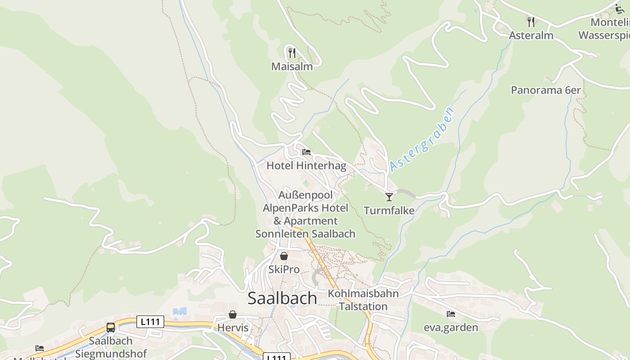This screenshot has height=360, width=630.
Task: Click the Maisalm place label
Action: tap(292, 67)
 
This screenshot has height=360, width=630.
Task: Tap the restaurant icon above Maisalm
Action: tap(292, 53)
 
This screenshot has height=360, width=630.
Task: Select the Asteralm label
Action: tap(531, 36)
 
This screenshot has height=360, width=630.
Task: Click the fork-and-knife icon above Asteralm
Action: tap(531, 22)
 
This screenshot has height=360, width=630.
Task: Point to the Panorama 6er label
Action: tap(545, 90)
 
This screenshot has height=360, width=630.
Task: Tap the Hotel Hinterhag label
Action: tap(306, 166)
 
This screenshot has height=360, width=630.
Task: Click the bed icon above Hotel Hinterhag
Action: tap(306, 152)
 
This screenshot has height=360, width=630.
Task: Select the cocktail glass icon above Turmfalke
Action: tap(389, 197)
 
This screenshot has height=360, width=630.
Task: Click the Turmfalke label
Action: tap(389, 210)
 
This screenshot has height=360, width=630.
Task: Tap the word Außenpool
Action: tap(306, 195)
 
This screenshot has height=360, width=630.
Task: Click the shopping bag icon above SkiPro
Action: tap(284, 256)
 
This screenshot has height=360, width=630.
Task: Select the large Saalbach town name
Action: tap(282, 298)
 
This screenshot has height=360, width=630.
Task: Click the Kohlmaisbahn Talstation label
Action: tap(363, 300)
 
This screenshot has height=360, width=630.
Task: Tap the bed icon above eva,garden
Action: tap(451, 314)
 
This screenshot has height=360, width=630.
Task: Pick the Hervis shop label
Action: tap(233, 328)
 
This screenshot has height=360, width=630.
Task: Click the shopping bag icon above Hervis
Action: tap(233, 315)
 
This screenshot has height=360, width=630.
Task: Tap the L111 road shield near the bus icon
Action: tap(150, 322)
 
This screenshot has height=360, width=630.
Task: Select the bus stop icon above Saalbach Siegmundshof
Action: tap(111, 327)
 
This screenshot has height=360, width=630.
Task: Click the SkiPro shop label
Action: tap(284, 270)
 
